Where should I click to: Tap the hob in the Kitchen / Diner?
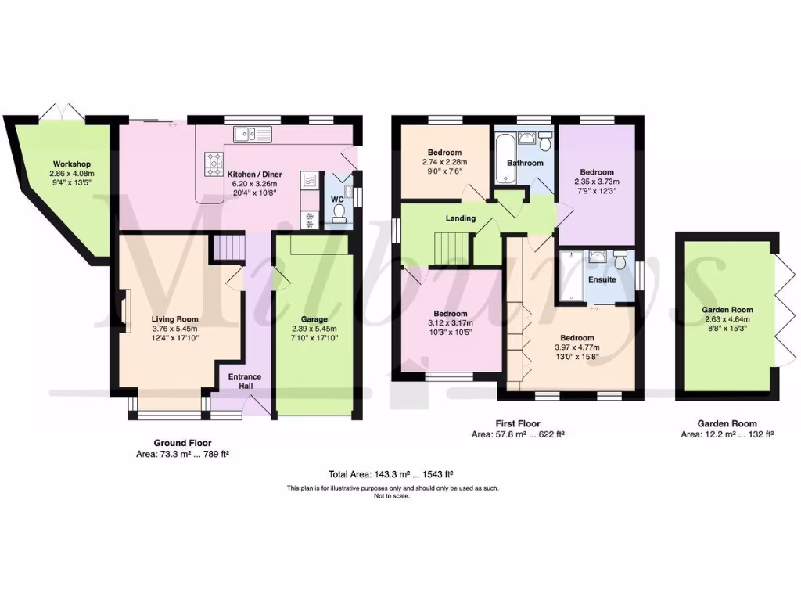214,164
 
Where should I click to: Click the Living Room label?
174,319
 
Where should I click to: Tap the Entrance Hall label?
245,381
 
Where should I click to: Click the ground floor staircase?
230,248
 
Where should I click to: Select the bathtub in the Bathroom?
503,157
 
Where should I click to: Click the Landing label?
461,218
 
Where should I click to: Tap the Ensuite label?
602,279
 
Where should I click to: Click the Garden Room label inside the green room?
727,310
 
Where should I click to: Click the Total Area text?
392,474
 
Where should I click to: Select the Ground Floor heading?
181,443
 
